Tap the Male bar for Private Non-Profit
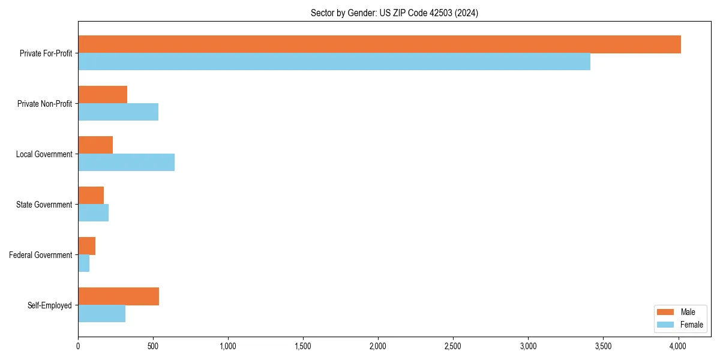[x=103, y=95]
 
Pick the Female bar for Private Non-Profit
[x=118, y=112]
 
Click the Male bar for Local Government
[x=95, y=145]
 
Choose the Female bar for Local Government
[x=126, y=163]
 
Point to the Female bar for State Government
[x=94, y=213]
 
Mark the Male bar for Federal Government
[x=87, y=246]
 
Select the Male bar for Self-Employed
[x=118, y=296]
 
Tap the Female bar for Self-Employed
[x=102, y=314]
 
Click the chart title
[x=394, y=13]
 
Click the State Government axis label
[x=44, y=205]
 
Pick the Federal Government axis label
[x=41, y=255]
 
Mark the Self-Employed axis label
[x=50, y=305]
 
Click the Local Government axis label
[x=44, y=154]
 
